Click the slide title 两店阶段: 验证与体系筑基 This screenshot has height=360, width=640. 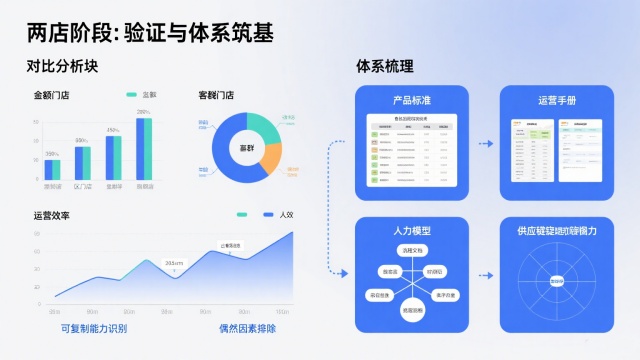point(151,32)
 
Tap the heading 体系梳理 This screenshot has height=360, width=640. point(385,67)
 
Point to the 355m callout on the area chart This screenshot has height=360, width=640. point(174,263)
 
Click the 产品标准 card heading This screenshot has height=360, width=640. point(412,101)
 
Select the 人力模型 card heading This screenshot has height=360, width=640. point(412,231)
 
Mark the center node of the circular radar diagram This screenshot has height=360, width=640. point(555,281)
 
